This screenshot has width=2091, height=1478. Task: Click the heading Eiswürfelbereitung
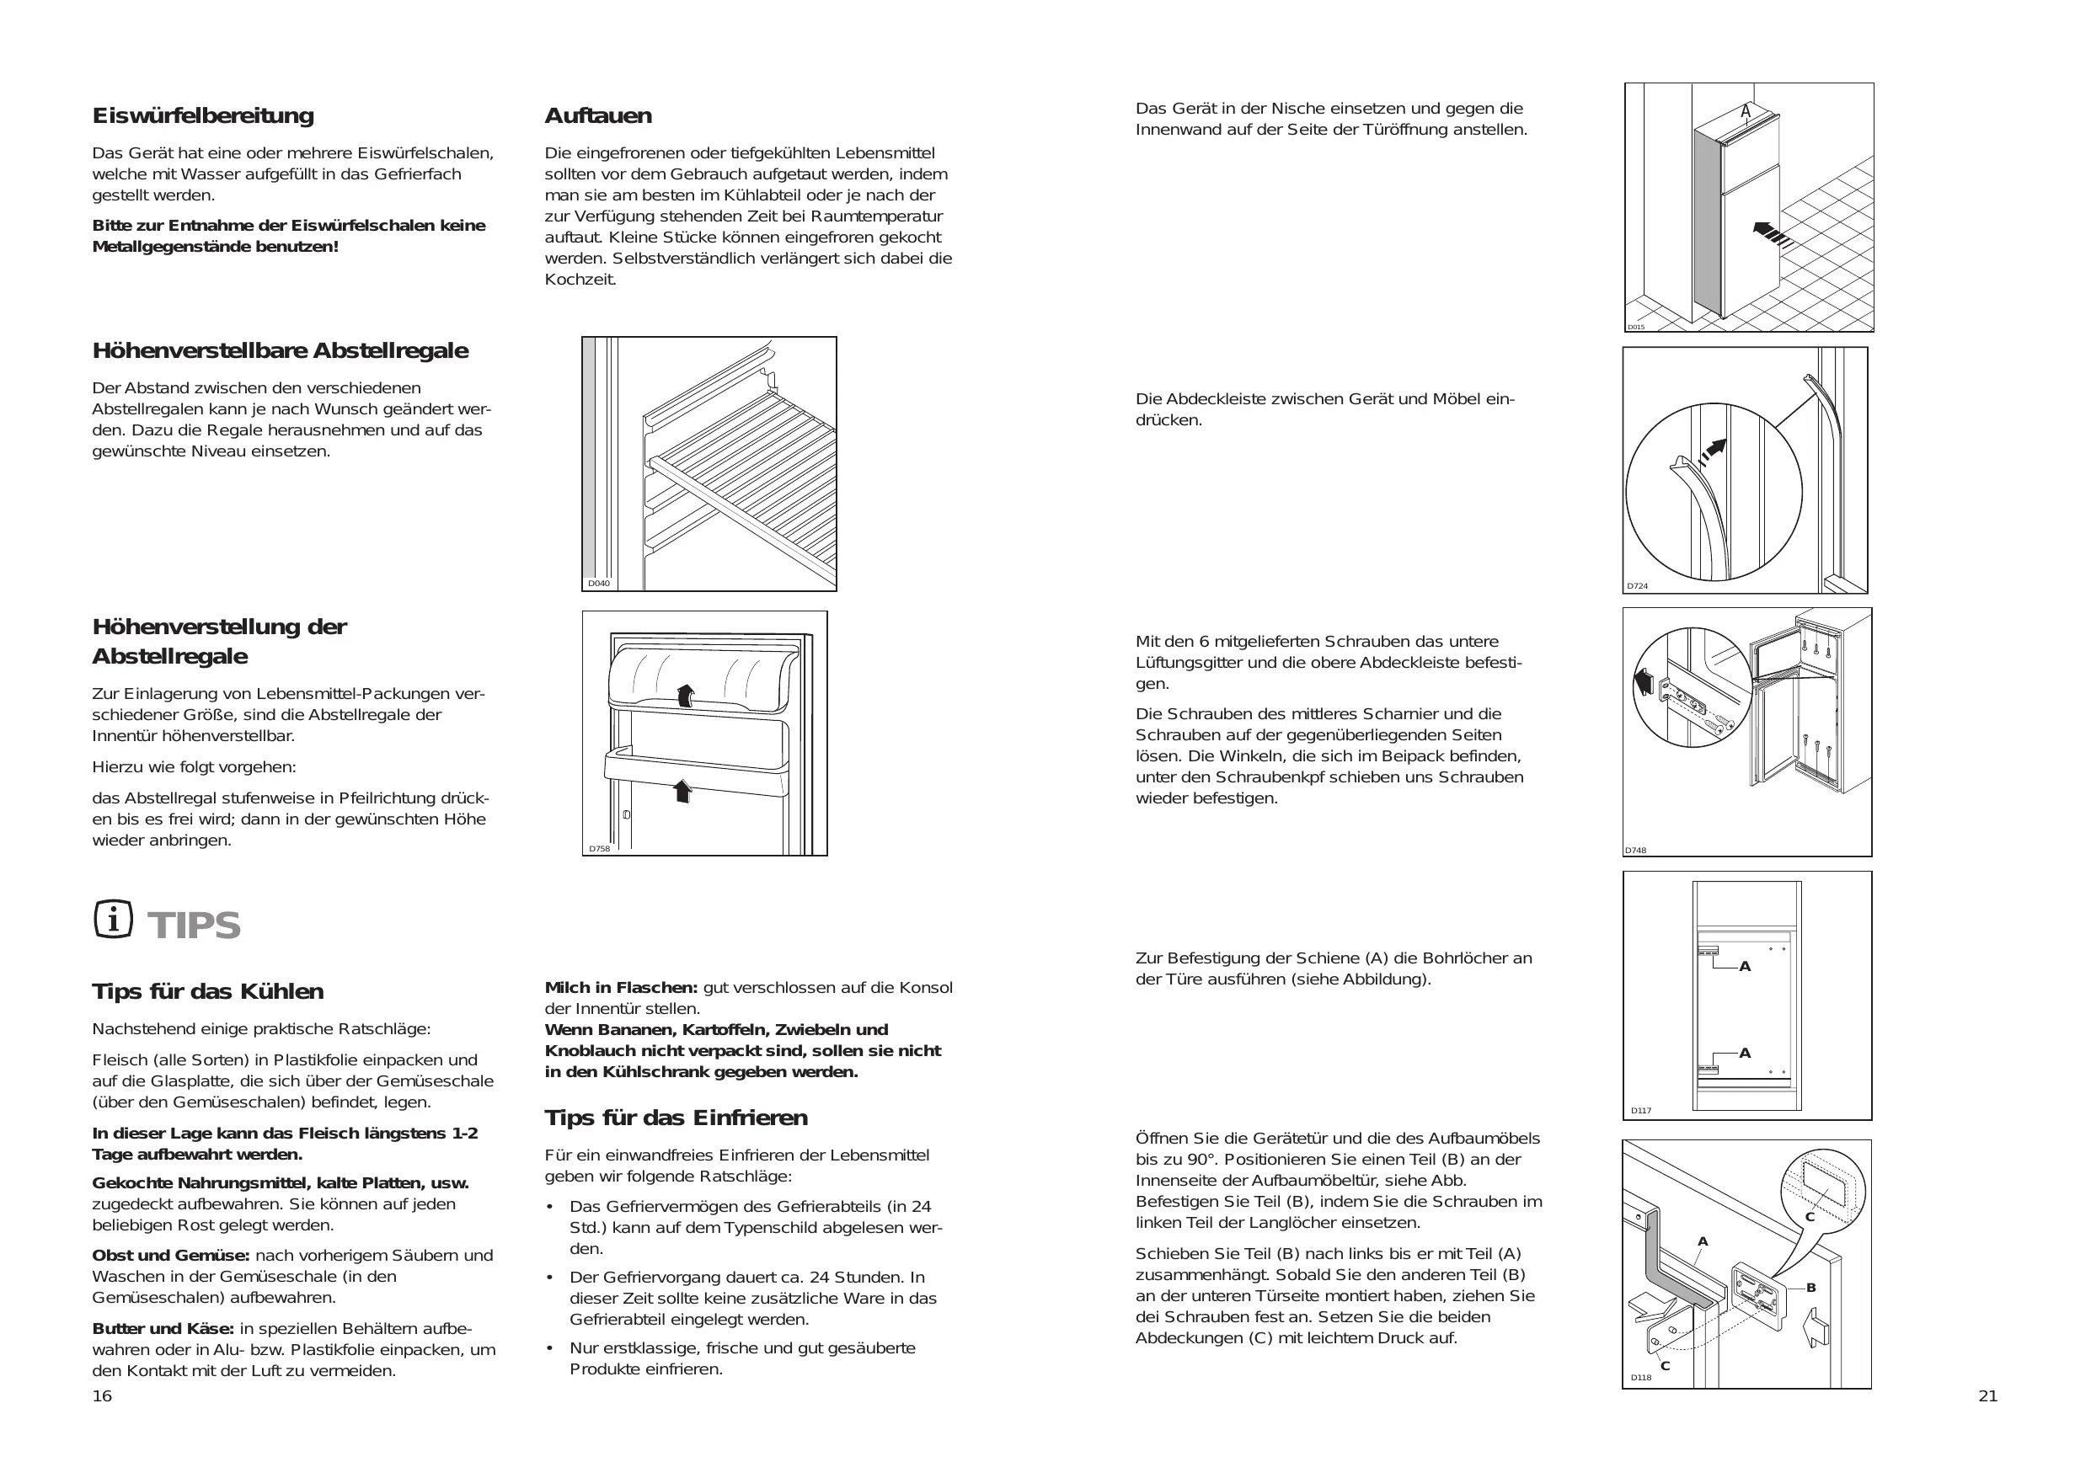(x=203, y=115)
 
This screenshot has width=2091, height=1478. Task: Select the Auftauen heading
(x=598, y=115)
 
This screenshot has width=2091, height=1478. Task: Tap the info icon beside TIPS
(x=113, y=920)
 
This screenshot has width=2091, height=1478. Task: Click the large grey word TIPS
(x=194, y=926)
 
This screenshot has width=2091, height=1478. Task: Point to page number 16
(x=102, y=1396)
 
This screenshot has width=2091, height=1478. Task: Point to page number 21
(x=1988, y=1396)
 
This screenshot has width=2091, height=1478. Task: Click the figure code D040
(x=598, y=584)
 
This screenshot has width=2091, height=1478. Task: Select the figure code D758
(x=599, y=849)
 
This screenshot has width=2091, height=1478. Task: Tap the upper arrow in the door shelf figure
(x=686, y=696)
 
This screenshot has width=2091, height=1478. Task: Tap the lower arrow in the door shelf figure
(x=682, y=791)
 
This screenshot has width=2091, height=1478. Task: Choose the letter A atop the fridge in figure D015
(x=1746, y=112)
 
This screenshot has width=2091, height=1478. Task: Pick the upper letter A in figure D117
(x=1745, y=967)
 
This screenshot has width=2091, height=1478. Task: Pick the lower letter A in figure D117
(x=1745, y=1054)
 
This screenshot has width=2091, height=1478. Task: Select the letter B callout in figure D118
(x=1810, y=1288)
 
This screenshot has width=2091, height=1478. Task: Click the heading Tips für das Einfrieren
(x=676, y=1118)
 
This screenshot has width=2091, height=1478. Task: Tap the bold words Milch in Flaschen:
(x=621, y=987)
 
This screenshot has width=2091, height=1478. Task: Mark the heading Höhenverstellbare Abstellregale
(x=281, y=350)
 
